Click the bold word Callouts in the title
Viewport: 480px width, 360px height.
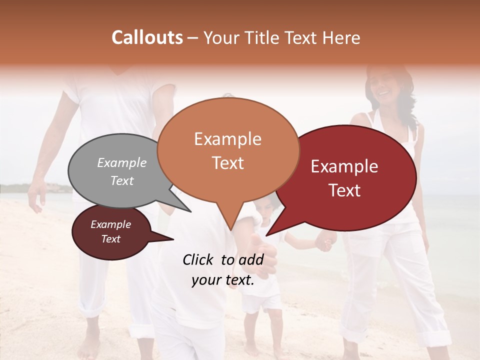click(147, 37)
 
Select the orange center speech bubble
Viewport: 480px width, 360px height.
click(228, 150)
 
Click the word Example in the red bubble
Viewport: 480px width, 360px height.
click(344, 167)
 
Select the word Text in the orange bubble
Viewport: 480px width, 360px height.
click(228, 163)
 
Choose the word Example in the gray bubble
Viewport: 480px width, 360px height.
click(122, 163)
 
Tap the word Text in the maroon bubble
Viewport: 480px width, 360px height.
click(111, 239)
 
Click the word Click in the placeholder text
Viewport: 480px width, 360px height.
click(198, 259)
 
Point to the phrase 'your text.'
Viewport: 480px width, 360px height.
click(223, 280)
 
